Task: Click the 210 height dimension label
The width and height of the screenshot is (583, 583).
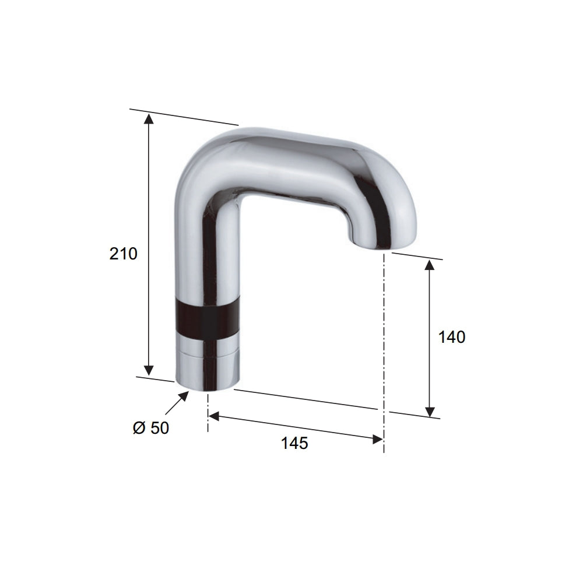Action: tap(124, 254)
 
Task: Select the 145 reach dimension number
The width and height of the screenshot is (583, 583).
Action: tap(294, 443)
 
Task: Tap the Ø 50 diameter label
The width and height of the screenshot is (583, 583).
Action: tap(151, 428)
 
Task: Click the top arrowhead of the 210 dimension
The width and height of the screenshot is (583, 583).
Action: tap(149, 119)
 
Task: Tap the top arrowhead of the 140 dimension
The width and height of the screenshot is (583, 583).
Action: tap(430, 266)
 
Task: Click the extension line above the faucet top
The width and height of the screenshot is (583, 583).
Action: tap(184, 117)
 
